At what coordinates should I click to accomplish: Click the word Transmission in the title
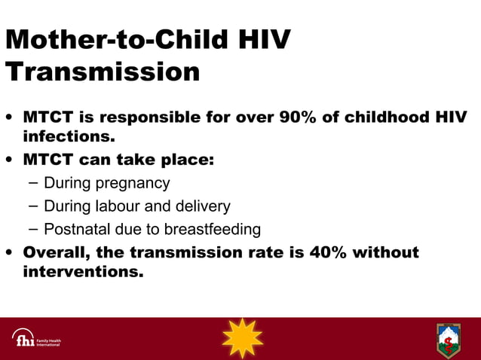(103, 72)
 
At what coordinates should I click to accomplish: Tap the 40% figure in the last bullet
(329, 252)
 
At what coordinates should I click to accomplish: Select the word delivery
(203, 206)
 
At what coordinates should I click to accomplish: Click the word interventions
(83, 272)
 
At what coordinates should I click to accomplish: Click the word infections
(69, 138)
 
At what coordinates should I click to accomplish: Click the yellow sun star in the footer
(242, 338)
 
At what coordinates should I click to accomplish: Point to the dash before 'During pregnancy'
(32, 183)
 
